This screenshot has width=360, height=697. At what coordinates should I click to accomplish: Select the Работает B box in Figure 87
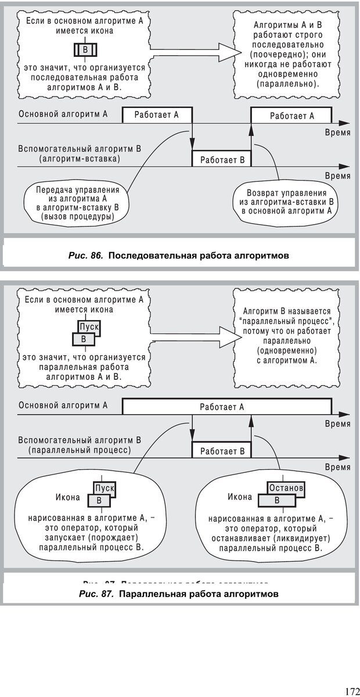pyautogui.click(x=222, y=451)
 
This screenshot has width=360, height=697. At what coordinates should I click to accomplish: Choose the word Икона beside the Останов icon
pyautogui.click(x=240, y=497)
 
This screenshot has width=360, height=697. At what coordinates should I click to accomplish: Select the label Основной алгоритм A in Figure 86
pyautogui.click(x=63, y=114)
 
